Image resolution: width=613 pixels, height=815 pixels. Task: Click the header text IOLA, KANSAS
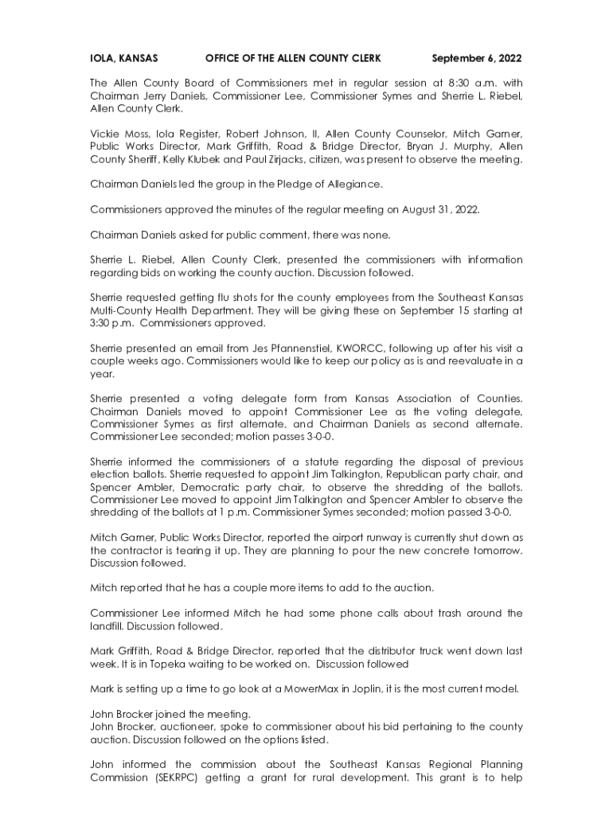[x=123, y=58]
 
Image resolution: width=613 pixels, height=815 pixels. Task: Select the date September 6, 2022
[x=477, y=58]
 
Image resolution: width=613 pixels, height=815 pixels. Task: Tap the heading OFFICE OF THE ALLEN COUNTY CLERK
[x=293, y=58]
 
